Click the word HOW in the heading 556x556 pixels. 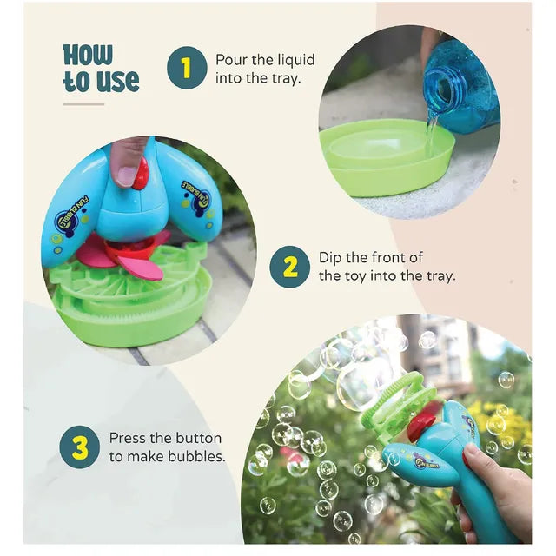click(88, 55)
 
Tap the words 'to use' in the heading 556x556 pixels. click(101, 81)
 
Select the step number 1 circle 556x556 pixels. click(187, 68)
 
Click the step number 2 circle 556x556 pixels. click(290, 267)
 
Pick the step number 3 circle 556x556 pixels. click(80, 447)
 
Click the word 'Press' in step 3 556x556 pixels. click(128, 438)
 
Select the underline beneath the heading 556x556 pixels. click(83, 104)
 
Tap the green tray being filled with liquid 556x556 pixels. click(387, 156)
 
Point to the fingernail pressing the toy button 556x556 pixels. click(126, 175)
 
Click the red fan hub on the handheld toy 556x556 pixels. click(423, 421)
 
